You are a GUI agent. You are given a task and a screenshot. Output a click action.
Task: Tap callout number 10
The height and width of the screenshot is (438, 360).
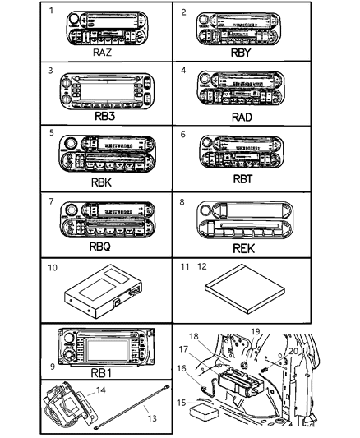53,268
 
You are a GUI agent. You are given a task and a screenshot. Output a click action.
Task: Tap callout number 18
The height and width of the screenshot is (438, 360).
194,336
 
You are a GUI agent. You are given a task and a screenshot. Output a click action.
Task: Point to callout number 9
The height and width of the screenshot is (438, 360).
53,367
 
